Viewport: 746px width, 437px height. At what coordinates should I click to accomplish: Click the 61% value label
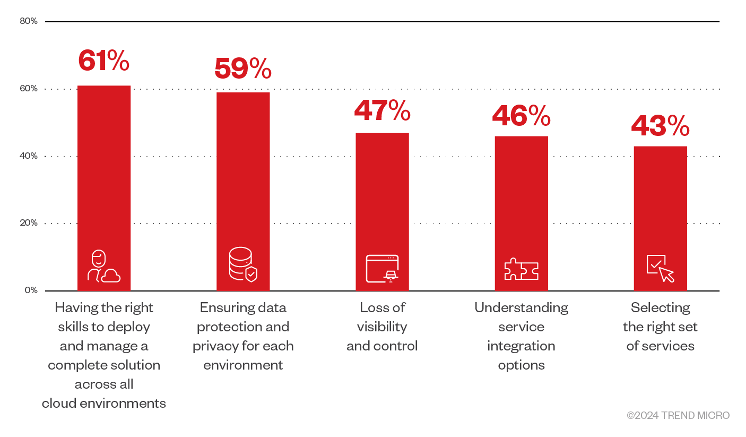103,61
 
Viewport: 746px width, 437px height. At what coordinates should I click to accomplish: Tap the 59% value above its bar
243,68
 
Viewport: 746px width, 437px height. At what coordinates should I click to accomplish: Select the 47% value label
382,110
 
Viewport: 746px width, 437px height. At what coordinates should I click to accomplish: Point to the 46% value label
521,115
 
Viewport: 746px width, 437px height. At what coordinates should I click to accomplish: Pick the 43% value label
660,125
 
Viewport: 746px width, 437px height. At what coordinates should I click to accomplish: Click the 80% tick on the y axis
29,21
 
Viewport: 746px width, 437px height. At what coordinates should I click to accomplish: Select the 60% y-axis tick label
29,89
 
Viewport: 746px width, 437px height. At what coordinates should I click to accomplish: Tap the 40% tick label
29,156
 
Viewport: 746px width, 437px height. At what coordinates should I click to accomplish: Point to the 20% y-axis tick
29,223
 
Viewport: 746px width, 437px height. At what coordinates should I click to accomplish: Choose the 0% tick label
31,290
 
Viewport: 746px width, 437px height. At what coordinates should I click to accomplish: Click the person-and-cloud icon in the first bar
103,266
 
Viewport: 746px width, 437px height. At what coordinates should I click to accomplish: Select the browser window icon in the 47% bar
382,268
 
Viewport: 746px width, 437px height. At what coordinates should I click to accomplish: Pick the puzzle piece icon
521,269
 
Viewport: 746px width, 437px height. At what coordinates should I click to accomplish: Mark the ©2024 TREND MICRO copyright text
678,416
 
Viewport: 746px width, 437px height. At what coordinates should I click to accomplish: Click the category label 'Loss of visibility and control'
382,327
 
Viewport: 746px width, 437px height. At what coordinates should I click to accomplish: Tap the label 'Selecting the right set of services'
660,327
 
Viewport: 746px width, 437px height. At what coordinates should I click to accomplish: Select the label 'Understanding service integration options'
521,336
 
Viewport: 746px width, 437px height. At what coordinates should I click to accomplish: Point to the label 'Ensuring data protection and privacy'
243,336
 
